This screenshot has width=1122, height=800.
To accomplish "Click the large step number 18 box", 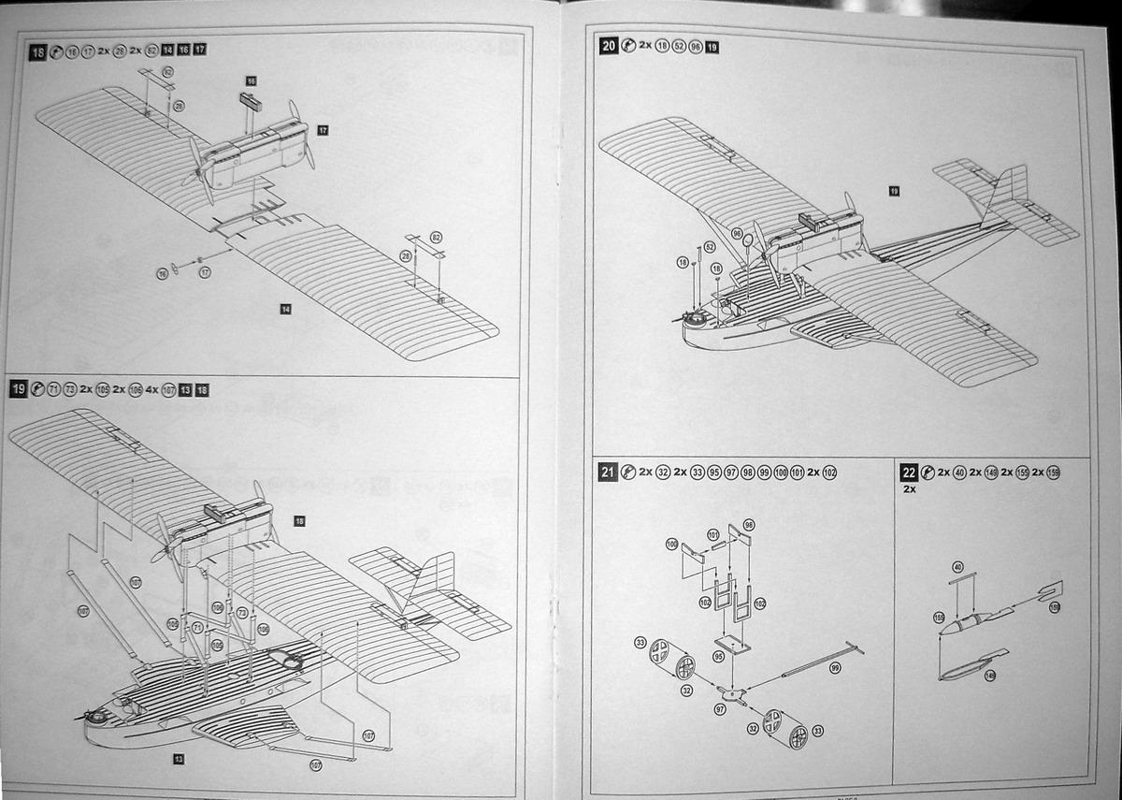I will [38, 52].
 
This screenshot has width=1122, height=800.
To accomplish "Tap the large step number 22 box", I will [909, 473].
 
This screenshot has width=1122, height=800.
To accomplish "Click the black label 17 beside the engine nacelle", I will [323, 129].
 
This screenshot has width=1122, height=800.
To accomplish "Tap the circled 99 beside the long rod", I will [835, 667].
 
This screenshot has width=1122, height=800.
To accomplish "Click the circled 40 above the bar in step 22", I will [957, 567].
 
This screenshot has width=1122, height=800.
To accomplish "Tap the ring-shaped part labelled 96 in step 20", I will [749, 241].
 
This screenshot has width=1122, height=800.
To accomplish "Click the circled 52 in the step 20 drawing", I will [710, 247].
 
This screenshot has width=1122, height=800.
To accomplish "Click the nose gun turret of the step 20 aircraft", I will [694, 317].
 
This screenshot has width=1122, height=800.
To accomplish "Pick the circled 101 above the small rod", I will [713, 535].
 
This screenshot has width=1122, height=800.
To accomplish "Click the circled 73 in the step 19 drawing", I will [241, 612].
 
